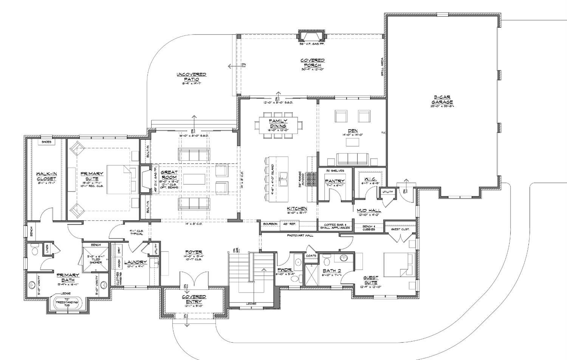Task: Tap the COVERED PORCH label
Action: pos(313,63)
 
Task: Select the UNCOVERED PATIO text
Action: pos(191,77)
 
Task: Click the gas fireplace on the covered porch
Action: pos(312,36)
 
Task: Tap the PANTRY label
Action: pos(335,181)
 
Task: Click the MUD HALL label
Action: pos(369,210)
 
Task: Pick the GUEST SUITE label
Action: pos(371,280)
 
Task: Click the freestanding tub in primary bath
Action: pos(67,303)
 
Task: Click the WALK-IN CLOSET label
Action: pos(46,176)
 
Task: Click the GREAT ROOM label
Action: pos(169,175)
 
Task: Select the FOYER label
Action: pos(194,252)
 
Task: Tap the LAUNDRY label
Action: pos(135,262)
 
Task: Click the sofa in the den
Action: pos(352,158)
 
